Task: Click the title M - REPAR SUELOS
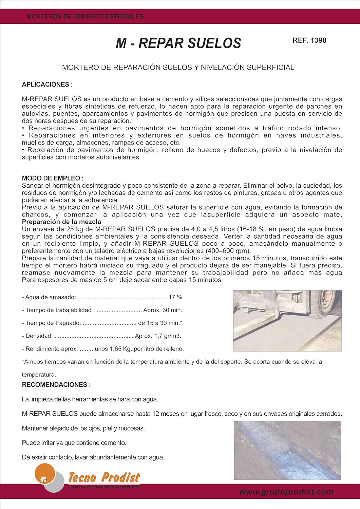coord(178,43)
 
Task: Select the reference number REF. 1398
coord(309,40)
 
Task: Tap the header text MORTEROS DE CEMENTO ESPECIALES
coord(85,16)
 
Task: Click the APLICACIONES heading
coord(47,84)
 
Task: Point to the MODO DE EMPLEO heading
coord(53,178)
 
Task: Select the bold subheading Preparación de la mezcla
coord(61,222)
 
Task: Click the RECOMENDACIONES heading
coord(56,385)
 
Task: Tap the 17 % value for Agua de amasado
coord(175,297)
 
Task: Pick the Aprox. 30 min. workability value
coord(163,310)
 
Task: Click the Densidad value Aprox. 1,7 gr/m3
coord(158,336)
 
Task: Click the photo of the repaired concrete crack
coord(287,450)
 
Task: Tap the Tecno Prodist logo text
coord(104,478)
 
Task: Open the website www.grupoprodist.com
coord(286,492)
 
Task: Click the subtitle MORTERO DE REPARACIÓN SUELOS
coord(178,68)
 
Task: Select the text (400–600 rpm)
coord(228,251)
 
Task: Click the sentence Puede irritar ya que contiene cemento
coord(74,443)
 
